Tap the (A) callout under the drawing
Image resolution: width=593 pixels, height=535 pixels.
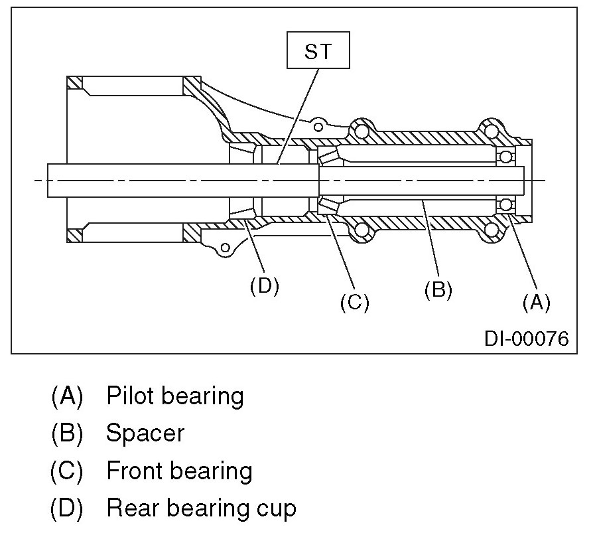pos(536,302)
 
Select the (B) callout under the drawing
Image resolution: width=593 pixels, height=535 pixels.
pos(438,290)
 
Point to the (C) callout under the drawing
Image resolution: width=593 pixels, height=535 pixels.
pos(354,302)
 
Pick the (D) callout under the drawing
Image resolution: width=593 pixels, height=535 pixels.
pos(264,285)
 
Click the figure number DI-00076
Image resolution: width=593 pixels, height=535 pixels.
pos(526,339)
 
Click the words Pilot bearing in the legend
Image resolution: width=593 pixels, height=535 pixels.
pos(175,396)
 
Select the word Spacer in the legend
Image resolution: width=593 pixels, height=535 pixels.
pos(145,433)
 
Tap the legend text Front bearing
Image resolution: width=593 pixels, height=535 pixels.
pos(179,471)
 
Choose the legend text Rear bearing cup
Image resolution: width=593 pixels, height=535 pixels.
pos(201,508)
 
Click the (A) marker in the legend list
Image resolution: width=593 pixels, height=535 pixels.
pos(67,396)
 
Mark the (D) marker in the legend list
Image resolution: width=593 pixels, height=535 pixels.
pos(67,508)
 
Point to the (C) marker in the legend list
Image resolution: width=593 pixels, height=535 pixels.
pos(67,471)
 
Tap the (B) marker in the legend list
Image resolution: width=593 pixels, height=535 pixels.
pos(67,433)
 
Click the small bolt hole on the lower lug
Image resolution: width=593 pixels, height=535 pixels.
pos(226,248)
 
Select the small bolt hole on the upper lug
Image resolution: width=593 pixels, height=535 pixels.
pos(319,125)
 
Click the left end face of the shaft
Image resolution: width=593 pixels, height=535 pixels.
pos(48,180)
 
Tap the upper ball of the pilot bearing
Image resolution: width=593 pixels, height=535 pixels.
pos(507,157)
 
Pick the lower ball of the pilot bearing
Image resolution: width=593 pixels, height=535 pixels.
pos(507,203)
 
